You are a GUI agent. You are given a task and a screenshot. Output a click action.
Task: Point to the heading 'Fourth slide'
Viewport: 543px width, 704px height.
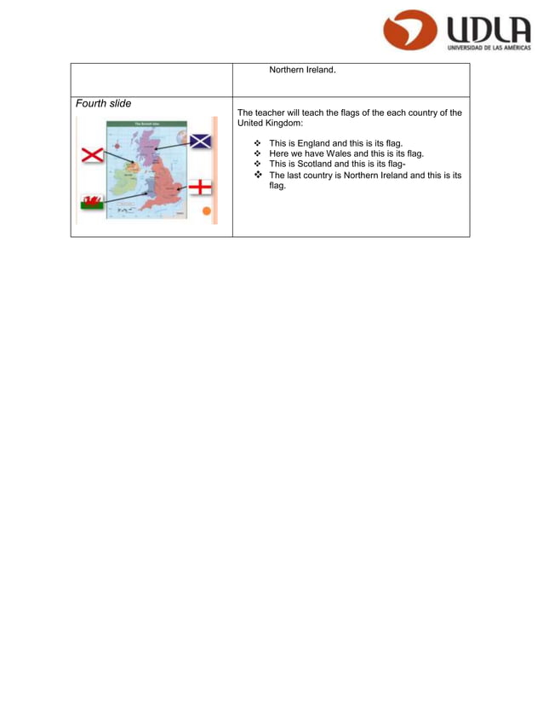(103, 104)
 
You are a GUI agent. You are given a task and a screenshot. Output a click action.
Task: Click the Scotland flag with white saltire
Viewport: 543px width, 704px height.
(200, 141)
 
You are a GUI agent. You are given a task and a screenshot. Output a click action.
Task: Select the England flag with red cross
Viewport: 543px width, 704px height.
(199, 187)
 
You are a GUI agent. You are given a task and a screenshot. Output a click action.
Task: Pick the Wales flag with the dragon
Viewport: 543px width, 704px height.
(92, 203)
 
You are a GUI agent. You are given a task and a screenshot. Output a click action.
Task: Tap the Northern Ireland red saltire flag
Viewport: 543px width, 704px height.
(92, 155)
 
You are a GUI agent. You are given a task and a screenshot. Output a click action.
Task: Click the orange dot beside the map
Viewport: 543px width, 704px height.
(206, 211)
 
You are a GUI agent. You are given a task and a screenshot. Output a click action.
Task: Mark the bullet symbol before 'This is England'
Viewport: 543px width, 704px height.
(258, 143)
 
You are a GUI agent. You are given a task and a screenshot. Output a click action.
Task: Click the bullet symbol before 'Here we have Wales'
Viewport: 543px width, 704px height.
(258, 154)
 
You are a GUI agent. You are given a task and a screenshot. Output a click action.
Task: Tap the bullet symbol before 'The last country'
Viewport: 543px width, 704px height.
(258, 176)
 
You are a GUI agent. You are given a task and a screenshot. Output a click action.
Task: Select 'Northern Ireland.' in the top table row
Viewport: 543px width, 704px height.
(302, 70)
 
